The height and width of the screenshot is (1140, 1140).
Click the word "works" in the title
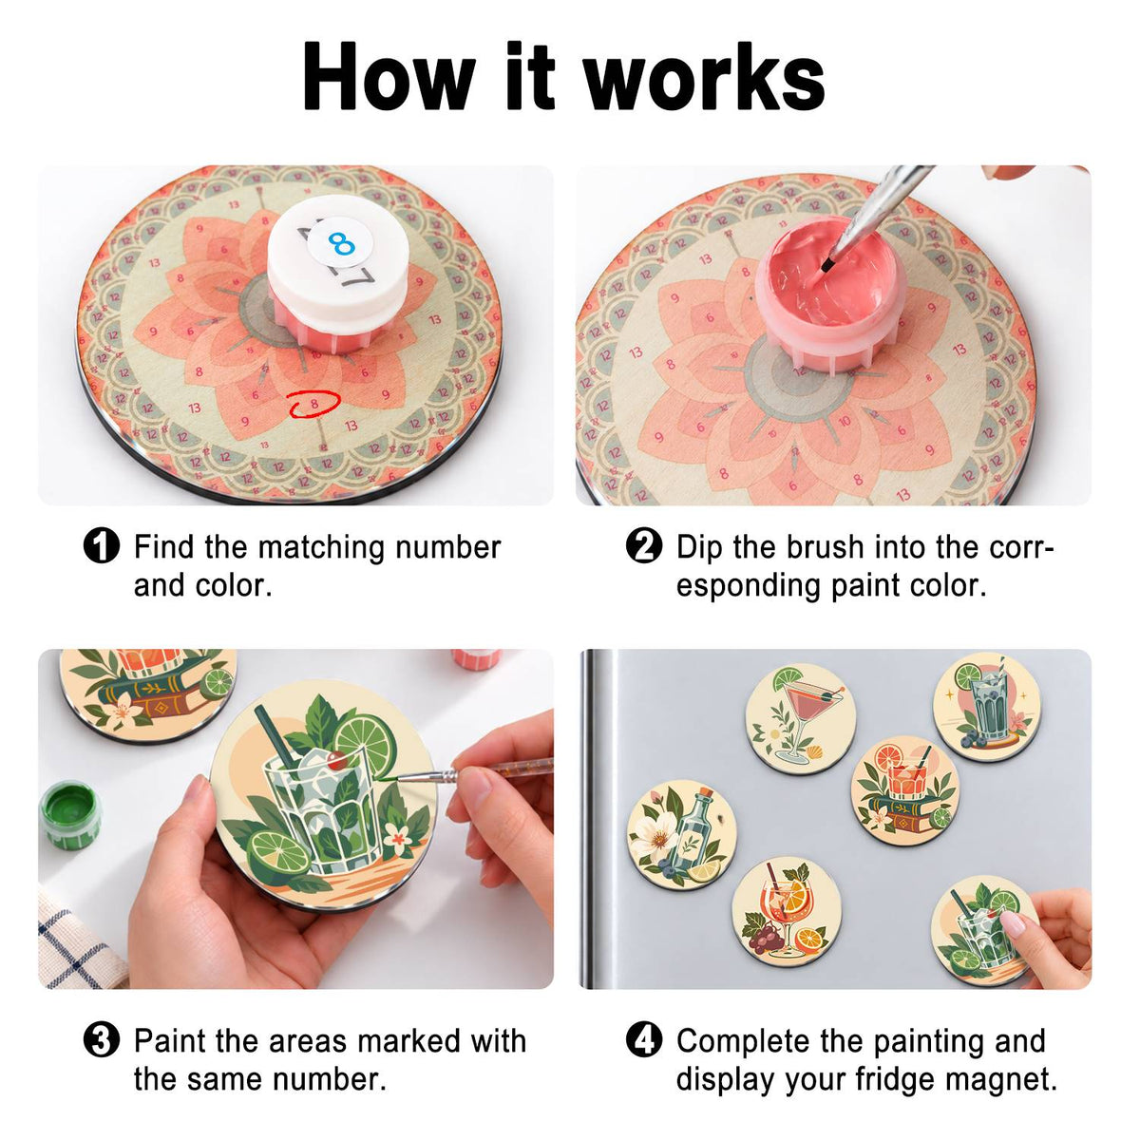tap(705, 76)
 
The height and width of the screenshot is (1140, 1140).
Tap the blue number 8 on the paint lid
tap(341, 243)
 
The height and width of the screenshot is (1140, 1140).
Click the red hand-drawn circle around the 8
tap(314, 404)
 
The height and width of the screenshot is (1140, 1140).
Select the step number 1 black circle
tap(101, 545)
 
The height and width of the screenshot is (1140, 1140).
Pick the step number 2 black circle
tap(644, 545)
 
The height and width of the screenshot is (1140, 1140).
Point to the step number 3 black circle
tap(101, 1040)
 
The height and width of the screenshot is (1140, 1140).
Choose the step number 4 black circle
tap(644, 1040)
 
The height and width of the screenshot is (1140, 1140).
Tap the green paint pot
tap(69, 815)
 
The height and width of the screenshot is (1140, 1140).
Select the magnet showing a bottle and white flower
tap(681, 835)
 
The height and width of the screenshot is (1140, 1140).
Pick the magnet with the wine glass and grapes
tap(787, 912)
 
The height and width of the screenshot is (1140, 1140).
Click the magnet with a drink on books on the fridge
tap(904, 790)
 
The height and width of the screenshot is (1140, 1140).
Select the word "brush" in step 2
tap(826, 546)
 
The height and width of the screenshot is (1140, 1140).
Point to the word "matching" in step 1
tap(321, 548)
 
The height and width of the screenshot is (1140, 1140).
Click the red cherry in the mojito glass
tap(336, 760)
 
